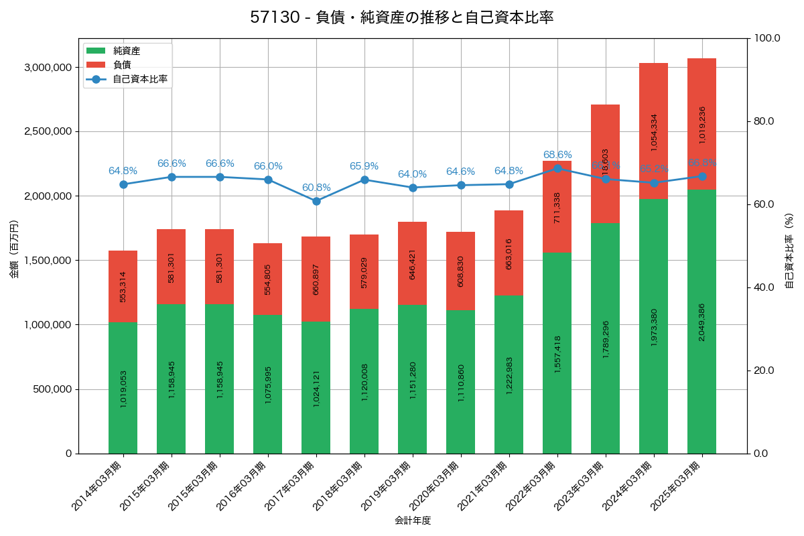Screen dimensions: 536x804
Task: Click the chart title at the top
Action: click(402, 17)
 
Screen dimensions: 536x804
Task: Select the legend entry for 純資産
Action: click(127, 50)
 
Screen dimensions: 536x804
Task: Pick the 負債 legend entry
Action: click(121, 64)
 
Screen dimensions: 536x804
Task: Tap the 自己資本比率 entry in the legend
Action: click(139, 79)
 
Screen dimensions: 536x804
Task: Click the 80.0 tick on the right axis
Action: click(763, 121)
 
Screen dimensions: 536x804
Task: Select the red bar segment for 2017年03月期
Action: click(316, 279)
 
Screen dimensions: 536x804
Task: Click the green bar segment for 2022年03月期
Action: click(557, 353)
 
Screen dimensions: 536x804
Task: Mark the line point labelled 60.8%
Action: click(316, 201)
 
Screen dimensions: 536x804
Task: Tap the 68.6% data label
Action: click(557, 155)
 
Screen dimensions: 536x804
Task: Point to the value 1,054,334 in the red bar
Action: click(653, 132)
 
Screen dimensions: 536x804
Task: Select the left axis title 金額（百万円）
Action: click(14, 249)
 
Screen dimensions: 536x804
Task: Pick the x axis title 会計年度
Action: click(413, 520)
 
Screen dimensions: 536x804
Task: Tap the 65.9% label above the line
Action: click(364, 166)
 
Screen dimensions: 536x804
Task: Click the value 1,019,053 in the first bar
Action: click(123, 388)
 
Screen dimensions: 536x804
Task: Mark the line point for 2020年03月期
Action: click(461, 185)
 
